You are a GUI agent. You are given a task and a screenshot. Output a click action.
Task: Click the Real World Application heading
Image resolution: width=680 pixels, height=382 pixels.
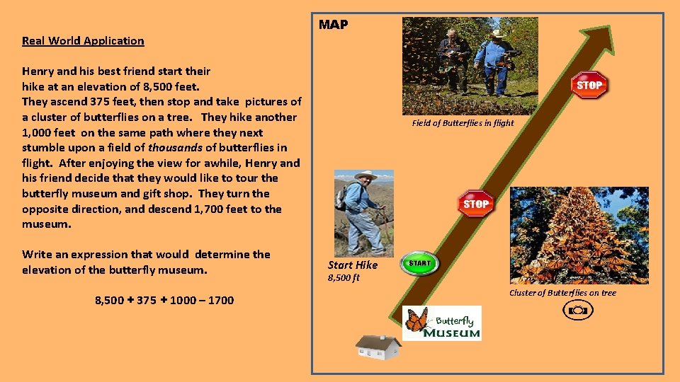tap(83, 41)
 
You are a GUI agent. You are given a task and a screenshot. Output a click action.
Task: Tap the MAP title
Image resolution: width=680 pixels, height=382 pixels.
tap(333, 25)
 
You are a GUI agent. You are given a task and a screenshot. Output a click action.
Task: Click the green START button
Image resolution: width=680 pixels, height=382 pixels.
tap(419, 263)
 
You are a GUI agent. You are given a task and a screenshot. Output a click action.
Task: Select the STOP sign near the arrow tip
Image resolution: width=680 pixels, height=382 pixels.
tap(589, 86)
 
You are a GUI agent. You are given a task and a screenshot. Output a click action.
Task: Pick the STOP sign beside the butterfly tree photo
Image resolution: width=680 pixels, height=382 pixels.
tap(475, 204)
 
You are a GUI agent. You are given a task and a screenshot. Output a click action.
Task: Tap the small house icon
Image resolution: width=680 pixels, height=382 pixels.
tap(378, 347)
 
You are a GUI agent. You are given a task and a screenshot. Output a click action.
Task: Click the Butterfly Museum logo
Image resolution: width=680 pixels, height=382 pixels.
tap(442, 323)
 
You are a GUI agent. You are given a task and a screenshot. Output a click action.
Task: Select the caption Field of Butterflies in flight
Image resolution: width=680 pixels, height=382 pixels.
tap(463, 123)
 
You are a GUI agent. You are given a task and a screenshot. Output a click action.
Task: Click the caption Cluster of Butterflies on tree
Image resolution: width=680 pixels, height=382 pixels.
tap(562, 293)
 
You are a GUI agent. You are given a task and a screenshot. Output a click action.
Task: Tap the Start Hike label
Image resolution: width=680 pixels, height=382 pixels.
tap(352, 265)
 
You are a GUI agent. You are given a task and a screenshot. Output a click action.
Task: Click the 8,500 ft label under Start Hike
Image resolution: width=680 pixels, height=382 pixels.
tap(344, 277)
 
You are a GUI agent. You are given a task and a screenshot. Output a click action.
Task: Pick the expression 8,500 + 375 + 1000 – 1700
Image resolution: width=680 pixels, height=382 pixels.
tap(164, 301)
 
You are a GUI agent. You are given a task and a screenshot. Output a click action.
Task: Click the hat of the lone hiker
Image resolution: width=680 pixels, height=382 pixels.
tap(365, 175)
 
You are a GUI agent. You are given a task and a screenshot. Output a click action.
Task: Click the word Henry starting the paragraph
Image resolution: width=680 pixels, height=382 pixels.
tap(39, 71)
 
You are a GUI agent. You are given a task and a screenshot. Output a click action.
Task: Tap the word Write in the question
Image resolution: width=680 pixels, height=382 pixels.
tap(35, 255)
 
